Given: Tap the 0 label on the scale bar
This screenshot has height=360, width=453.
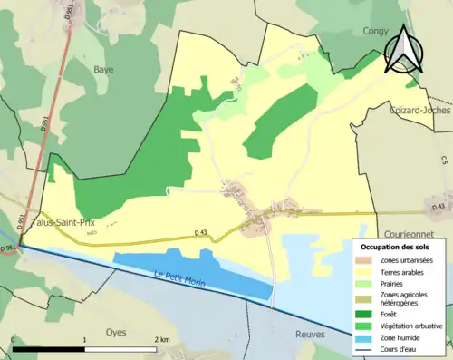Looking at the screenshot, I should coord(13,339).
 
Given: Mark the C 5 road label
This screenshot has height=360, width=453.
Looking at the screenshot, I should coord(445,161).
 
